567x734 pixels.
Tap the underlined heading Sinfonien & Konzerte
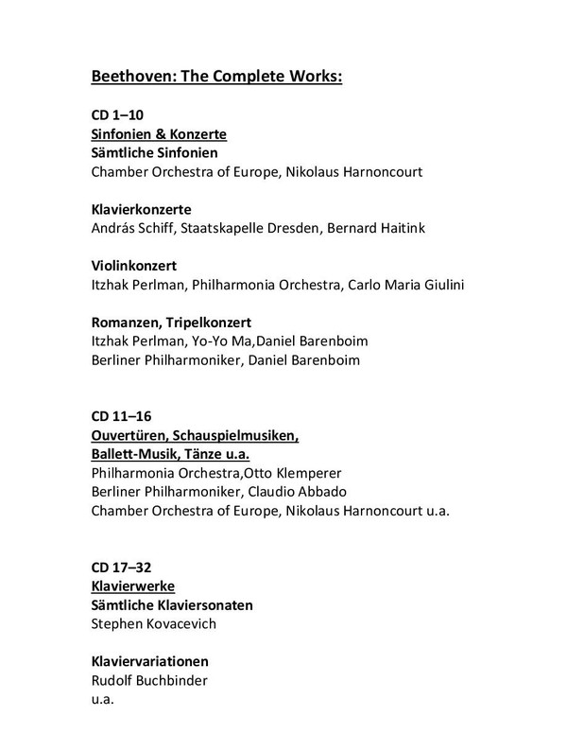click(158, 134)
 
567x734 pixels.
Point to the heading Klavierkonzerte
click(141, 208)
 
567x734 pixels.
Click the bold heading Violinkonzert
click(133, 265)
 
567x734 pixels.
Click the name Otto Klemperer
click(296, 471)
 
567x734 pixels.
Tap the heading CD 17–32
click(120, 568)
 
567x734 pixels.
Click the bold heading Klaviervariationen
click(149, 660)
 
